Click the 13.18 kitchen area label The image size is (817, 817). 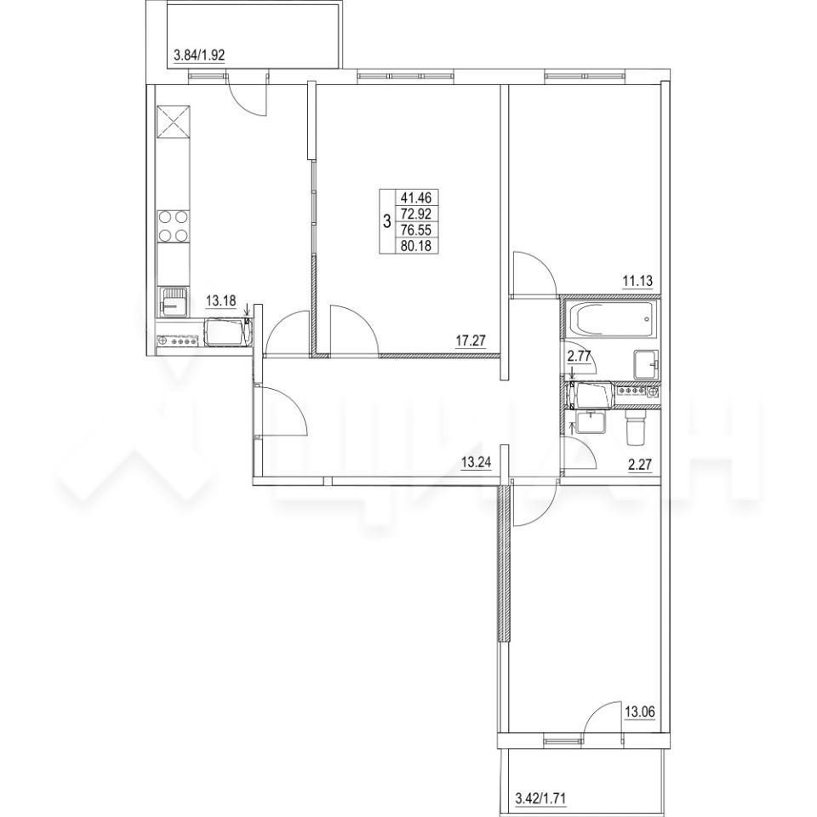(221, 300)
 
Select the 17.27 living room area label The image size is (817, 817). (471, 340)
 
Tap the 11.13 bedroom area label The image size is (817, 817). (637, 282)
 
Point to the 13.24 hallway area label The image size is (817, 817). (477, 461)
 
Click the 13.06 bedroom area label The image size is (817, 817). (639, 711)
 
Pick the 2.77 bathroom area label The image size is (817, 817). (580, 357)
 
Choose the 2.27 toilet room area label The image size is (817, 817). (640, 465)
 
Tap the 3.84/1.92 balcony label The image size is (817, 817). (198, 55)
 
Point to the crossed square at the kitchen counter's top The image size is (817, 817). (174, 123)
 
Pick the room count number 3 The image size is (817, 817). (387, 222)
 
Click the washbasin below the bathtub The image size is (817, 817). (647, 365)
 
